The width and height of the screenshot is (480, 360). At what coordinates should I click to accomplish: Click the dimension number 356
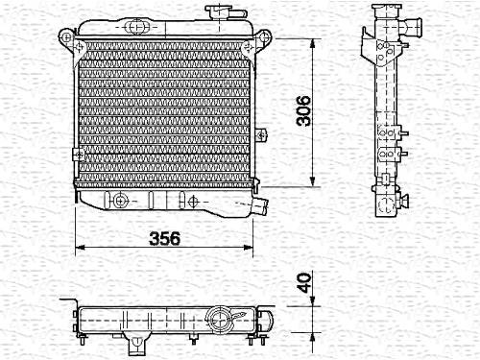[165, 238]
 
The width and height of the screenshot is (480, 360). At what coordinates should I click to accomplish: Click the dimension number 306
[303, 110]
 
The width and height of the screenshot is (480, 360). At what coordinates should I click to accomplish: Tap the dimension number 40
[303, 282]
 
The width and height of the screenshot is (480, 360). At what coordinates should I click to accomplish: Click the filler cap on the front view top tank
[218, 12]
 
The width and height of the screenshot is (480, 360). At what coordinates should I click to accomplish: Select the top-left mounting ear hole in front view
[66, 36]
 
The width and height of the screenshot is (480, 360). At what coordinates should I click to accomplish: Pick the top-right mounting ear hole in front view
[264, 36]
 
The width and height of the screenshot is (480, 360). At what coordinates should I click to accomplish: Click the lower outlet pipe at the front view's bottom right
[260, 206]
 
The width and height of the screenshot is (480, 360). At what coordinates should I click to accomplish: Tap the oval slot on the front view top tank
[136, 27]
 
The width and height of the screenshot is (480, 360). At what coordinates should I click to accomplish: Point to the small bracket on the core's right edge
[261, 134]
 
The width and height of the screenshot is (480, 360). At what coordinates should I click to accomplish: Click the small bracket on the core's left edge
[78, 155]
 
